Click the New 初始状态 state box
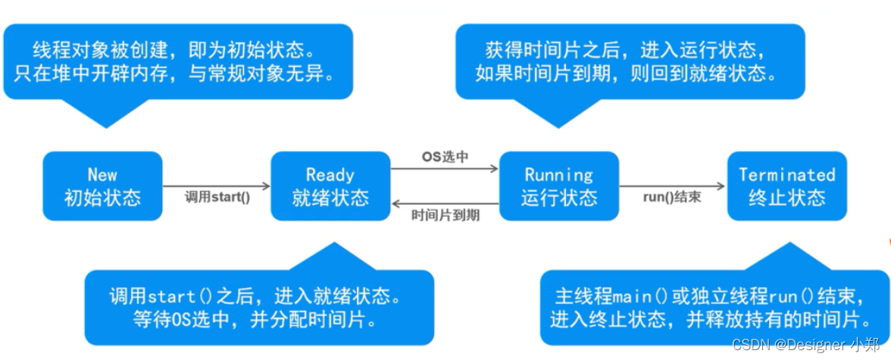pyautogui.click(x=102, y=186)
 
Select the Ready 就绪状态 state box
pyautogui.click(x=330, y=186)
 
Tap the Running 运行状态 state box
pyautogui.click(x=558, y=186)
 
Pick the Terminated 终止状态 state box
pyautogui.click(x=786, y=186)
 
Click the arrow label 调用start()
pyautogui.click(x=217, y=197)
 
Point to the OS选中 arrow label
pyautogui.click(x=445, y=157)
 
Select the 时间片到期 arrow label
pyautogui.click(x=445, y=214)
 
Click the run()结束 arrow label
pyautogui.click(x=671, y=197)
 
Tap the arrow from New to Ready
pyautogui.click(x=217, y=186)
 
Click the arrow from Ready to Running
pyautogui.click(x=445, y=168)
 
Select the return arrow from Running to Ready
pyautogui.click(x=445, y=203)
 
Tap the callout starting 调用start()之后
pyautogui.click(x=259, y=306)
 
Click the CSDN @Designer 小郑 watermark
pyautogui.click(x=811, y=345)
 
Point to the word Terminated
pyautogui.click(x=786, y=174)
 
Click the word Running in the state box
pyautogui.click(x=558, y=175)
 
